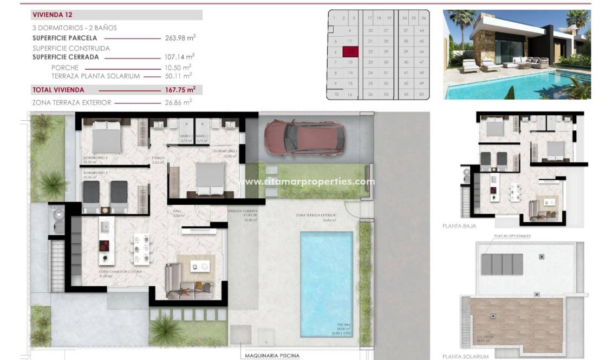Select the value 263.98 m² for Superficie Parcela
click(x=179, y=38)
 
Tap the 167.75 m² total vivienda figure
click(x=179, y=90)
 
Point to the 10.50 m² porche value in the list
click(x=179, y=67)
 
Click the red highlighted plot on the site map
click(x=350, y=52)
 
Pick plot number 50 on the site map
click(x=421, y=94)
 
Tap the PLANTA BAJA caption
click(x=459, y=226)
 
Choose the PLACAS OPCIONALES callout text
click(x=512, y=236)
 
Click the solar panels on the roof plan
click(x=502, y=264)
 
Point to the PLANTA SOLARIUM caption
click(x=465, y=356)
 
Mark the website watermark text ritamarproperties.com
click(x=306, y=182)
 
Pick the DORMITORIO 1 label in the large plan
click(x=226, y=151)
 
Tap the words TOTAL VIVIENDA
click(x=58, y=90)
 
